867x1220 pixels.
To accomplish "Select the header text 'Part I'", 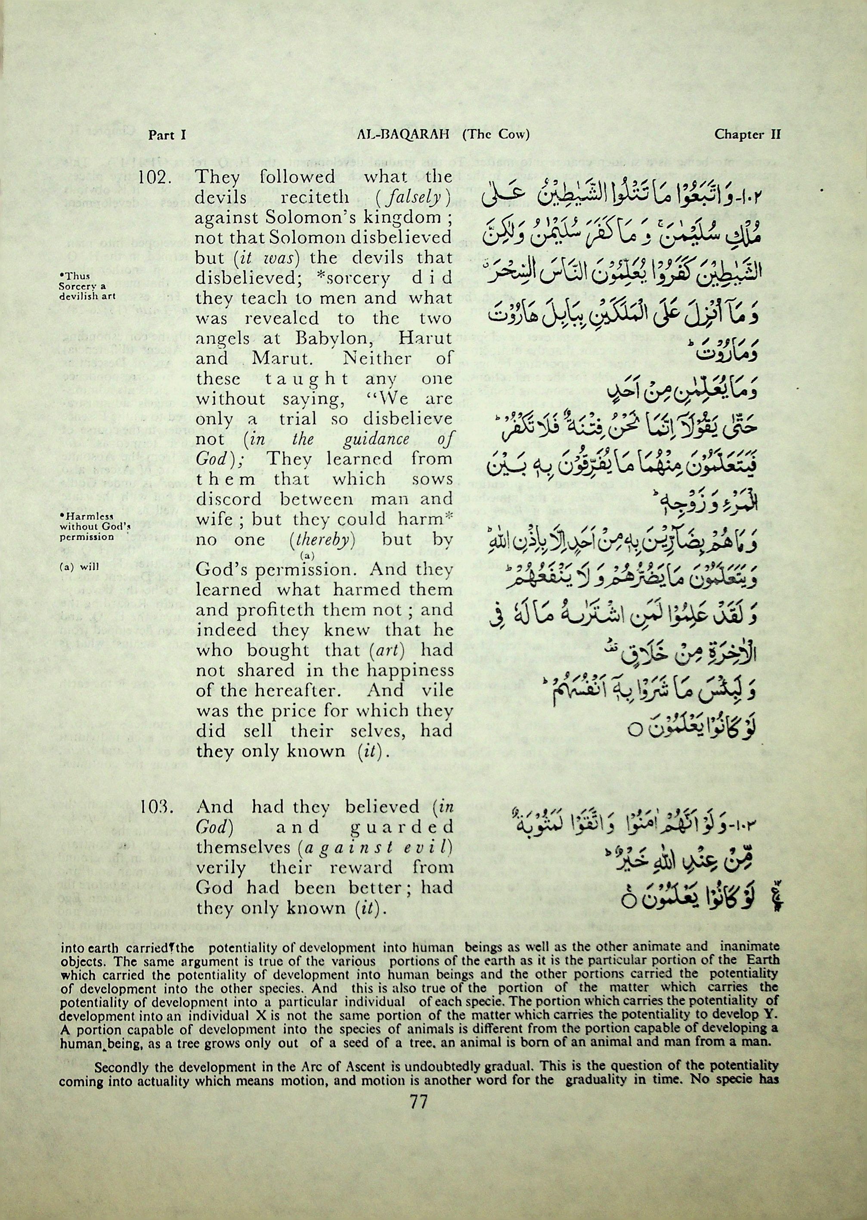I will (x=167, y=135).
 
